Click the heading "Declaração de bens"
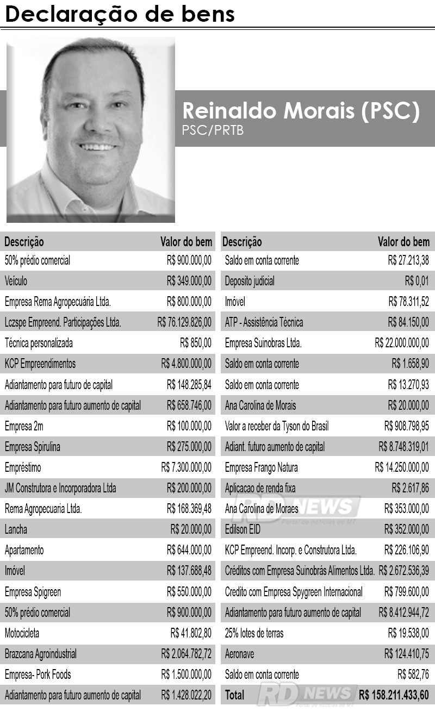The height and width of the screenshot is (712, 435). (120, 14)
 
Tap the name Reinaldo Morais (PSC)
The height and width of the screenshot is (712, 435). (301, 110)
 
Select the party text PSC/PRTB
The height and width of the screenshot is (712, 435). (213, 130)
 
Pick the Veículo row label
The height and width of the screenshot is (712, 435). (16, 281)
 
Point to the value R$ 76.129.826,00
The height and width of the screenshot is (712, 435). (184, 322)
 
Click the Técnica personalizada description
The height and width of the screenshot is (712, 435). (39, 343)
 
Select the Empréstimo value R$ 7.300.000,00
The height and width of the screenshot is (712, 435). (186, 467)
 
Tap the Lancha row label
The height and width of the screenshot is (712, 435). (16, 529)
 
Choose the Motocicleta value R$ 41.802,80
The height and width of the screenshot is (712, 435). (191, 633)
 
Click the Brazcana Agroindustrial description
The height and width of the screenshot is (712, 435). (41, 654)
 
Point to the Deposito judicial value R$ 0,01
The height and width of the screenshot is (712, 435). (417, 281)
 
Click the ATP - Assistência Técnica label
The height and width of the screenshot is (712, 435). (264, 322)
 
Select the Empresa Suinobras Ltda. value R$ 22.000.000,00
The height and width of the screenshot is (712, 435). (402, 343)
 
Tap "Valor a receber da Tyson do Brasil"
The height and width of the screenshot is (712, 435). (277, 426)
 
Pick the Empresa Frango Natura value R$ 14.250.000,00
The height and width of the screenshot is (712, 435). (402, 467)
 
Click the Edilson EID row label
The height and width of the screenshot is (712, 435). (243, 529)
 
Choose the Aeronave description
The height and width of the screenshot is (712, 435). (240, 654)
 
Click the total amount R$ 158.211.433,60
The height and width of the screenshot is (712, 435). (394, 695)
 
